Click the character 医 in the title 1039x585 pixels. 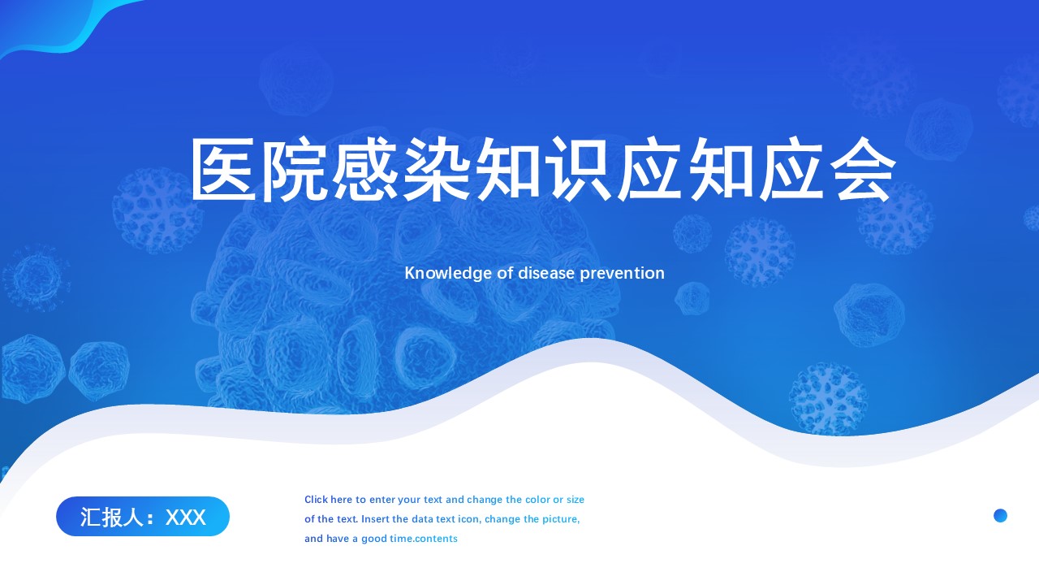click(x=223, y=170)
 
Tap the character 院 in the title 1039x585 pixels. click(x=295, y=170)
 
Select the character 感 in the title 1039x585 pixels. click(x=366, y=170)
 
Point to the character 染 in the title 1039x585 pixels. click(x=437, y=170)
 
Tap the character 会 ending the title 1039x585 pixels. click(x=863, y=170)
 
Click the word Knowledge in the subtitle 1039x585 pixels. click(x=448, y=274)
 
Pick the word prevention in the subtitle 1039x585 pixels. click(x=623, y=274)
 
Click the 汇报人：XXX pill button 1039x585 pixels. click(x=143, y=516)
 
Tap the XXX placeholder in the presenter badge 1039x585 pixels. click(x=186, y=518)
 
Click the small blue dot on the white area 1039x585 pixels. click(x=1001, y=515)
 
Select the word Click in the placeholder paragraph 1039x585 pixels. click(x=317, y=500)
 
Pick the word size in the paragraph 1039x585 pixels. click(x=576, y=500)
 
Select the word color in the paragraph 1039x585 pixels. click(x=537, y=500)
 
